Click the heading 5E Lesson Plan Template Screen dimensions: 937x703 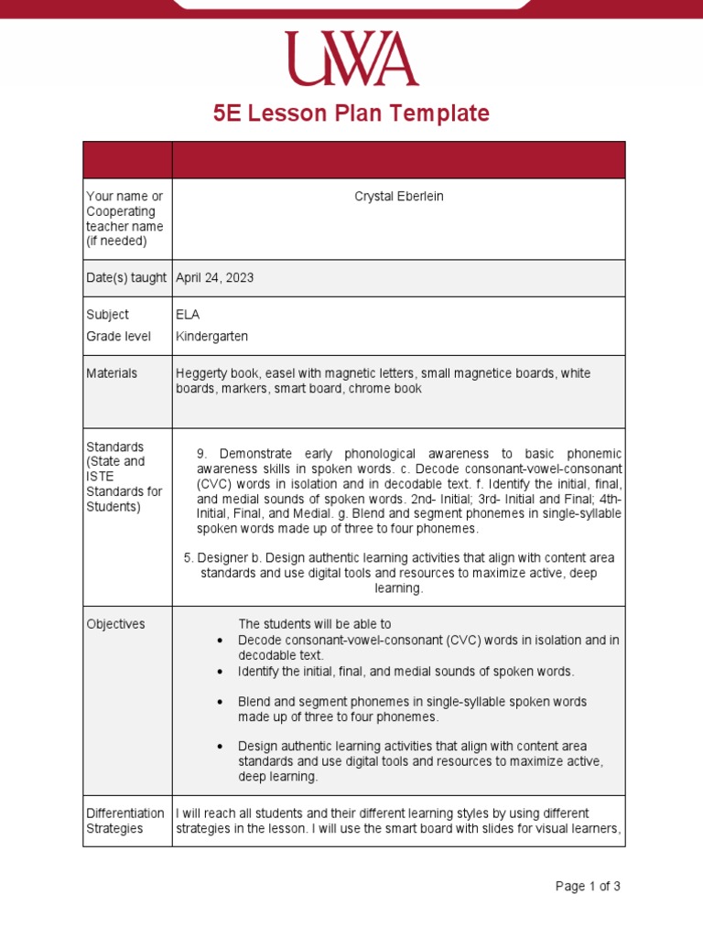(351, 113)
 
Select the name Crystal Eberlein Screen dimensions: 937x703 (398, 197)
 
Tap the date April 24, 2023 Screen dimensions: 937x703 (215, 278)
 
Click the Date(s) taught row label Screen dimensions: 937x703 (126, 278)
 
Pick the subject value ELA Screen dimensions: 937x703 (187, 315)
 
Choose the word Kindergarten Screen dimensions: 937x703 (211, 337)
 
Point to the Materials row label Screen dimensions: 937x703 (112, 373)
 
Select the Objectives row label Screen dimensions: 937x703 (115, 624)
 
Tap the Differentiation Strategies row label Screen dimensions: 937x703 (125, 821)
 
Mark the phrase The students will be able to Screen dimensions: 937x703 (315, 624)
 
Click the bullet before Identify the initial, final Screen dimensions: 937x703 (221, 672)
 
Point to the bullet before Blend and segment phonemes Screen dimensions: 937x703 (221, 702)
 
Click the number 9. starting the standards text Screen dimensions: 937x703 (203, 455)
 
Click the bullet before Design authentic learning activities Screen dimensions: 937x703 (221, 747)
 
